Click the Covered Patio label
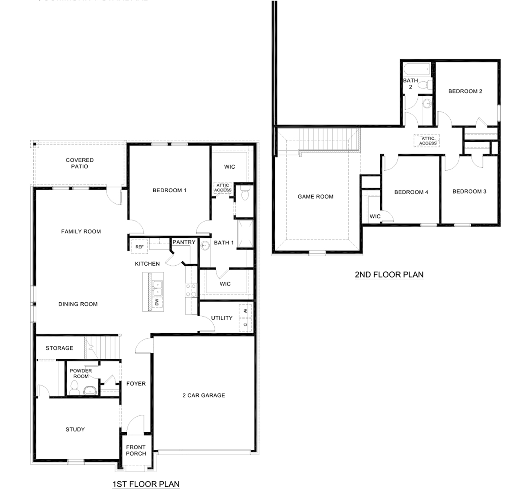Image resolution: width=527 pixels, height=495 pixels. coord(80,163)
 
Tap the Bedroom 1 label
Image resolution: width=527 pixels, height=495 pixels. coord(169,190)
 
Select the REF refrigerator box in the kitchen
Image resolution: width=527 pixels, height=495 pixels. coord(139,247)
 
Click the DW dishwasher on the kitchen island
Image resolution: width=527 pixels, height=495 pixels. coord(157,302)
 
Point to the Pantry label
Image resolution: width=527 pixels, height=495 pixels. coord(184,242)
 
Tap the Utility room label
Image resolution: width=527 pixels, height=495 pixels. coord(221,318)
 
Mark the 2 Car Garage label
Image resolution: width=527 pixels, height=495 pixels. coord(204,395)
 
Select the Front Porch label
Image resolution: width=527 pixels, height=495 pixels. coord(136,450)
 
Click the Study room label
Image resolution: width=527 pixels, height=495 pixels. coord(75,429)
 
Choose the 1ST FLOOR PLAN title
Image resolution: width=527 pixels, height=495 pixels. coord(146,484)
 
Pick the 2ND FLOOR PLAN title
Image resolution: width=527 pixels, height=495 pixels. coord(389,275)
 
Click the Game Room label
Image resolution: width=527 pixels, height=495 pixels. coord(315,196)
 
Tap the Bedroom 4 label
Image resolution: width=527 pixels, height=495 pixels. coord(411,192)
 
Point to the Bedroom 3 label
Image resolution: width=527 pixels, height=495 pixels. coord(469,191)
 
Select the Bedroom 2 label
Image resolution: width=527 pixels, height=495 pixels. coord(465,91)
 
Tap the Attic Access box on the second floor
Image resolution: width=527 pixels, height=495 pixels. coord(427,141)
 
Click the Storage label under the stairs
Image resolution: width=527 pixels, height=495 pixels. coord(60,348)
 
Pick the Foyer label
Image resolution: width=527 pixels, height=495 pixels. coord(136,383)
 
